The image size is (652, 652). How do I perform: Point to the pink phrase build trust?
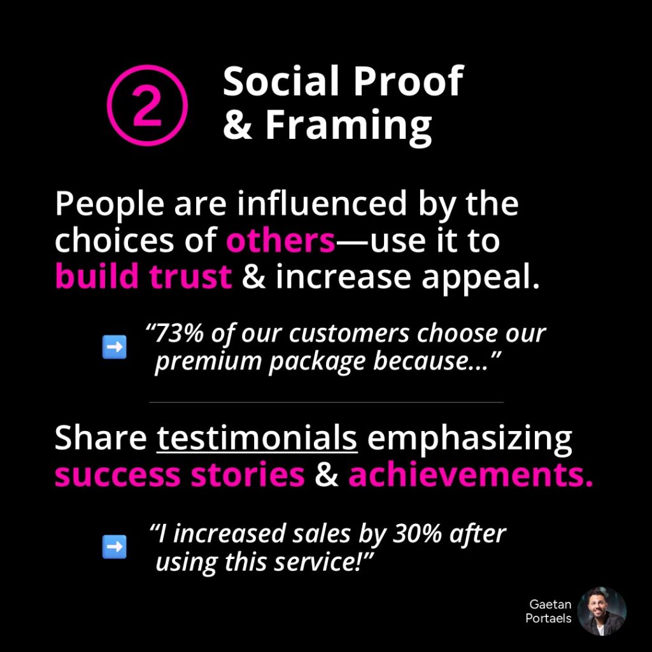143,276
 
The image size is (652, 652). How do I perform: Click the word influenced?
322,203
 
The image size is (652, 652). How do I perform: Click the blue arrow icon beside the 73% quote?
115,347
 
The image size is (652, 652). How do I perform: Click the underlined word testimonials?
257,438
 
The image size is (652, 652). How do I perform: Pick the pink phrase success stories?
180,475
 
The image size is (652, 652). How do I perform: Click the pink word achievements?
471,474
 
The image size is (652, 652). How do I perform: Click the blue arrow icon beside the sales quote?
115,546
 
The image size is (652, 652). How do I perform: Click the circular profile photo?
602,611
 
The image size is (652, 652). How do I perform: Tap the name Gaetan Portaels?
548,611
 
